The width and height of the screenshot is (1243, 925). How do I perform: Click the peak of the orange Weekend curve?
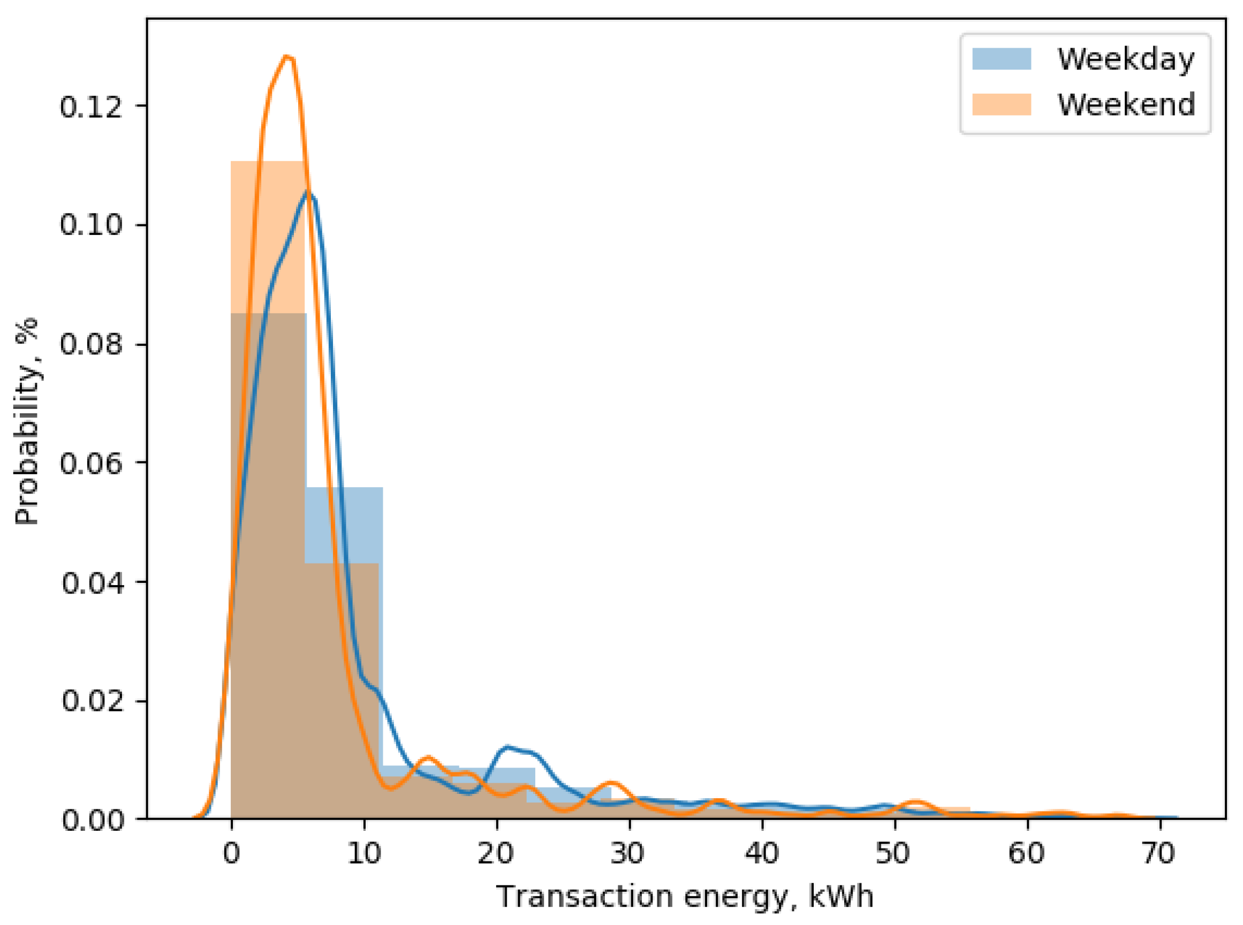point(287,57)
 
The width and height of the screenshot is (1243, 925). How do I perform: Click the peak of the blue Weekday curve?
point(307,192)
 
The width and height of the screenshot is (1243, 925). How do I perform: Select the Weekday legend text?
point(1125,59)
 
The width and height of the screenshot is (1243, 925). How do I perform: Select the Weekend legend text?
point(1125,104)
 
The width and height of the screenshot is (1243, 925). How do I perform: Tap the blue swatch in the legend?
point(1002,59)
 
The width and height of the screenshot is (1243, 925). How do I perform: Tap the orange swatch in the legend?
point(1002,105)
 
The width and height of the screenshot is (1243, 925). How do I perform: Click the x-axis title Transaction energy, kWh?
point(684,897)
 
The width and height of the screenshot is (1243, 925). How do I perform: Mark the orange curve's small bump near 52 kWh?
point(916,802)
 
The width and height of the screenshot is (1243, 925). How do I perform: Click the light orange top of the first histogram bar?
point(268,235)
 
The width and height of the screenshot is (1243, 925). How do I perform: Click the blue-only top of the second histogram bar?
point(344,524)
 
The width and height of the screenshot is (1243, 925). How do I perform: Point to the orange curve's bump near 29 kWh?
point(611,782)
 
